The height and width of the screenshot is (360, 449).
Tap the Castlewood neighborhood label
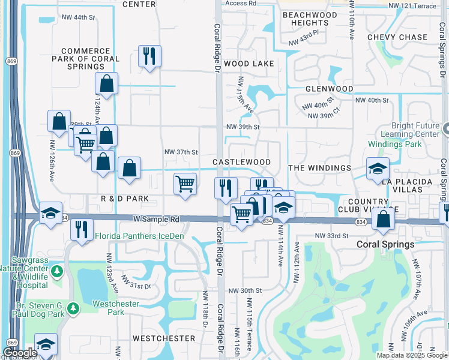click(x=241, y=162)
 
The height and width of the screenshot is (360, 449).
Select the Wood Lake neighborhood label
click(x=249, y=63)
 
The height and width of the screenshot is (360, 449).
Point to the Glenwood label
click(x=329, y=88)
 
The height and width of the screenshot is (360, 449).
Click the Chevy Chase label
click(x=397, y=37)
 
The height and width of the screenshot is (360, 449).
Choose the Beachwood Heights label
click(x=309, y=19)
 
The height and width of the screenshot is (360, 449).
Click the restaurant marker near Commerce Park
click(x=148, y=56)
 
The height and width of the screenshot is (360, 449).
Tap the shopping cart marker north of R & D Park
click(x=185, y=183)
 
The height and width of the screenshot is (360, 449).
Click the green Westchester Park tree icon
click(x=73, y=308)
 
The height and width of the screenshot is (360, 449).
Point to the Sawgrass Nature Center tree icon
click(x=57, y=271)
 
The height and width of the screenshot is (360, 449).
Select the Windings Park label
click(x=395, y=144)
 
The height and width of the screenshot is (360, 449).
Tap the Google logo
click(x=20, y=353)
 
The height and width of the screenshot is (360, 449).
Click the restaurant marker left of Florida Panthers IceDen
click(x=81, y=229)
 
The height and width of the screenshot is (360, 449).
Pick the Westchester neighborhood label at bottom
click(x=163, y=338)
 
